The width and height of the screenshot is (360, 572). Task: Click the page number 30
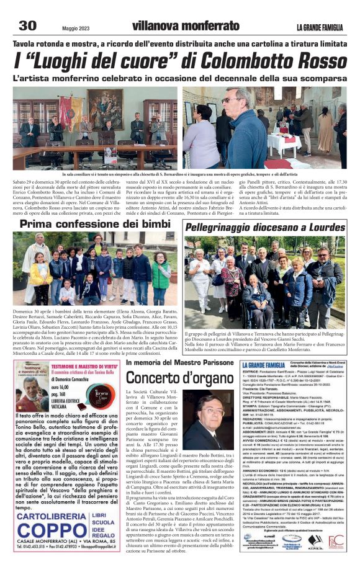pos(27,25)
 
